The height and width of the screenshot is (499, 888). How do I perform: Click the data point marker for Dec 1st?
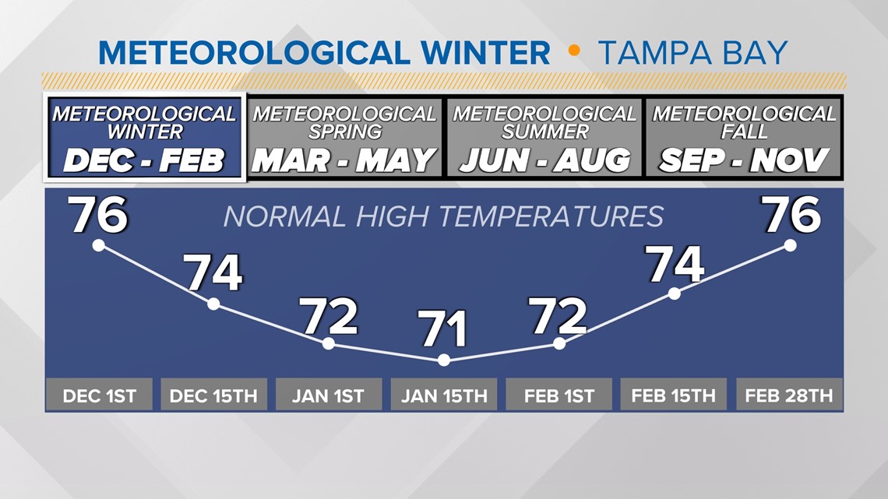(x=99, y=245)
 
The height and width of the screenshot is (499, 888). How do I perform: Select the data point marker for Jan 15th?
(x=444, y=360)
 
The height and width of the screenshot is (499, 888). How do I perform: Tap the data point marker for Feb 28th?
(x=790, y=245)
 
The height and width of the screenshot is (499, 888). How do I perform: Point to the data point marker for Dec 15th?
(x=213, y=304)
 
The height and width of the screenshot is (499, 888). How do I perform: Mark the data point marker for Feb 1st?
(x=559, y=343)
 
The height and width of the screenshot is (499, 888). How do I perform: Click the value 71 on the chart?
(x=442, y=329)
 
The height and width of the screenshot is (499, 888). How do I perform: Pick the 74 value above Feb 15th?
(x=675, y=264)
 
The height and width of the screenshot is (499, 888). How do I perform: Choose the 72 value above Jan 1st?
(x=330, y=316)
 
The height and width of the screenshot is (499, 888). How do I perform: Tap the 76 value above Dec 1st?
(x=99, y=214)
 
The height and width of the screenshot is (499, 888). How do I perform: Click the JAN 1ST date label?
(x=329, y=395)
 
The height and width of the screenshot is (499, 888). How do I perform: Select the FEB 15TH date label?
(x=673, y=395)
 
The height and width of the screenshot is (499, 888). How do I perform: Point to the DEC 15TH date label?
(x=213, y=395)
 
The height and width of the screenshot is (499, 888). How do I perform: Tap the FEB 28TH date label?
(x=789, y=395)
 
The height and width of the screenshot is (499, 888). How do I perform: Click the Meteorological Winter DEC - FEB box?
(x=144, y=138)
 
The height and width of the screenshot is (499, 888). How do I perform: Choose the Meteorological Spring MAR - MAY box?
(x=344, y=138)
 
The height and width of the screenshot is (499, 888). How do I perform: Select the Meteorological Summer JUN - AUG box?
(x=544, y=138)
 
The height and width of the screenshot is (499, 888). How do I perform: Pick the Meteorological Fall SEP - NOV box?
(x=744, y=138)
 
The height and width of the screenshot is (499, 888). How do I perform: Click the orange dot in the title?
(x=574, y=51)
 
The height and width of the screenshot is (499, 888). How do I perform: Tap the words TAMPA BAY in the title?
(x=692, y=53)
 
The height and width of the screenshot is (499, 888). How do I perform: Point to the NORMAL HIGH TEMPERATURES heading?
(x=443, y=216)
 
